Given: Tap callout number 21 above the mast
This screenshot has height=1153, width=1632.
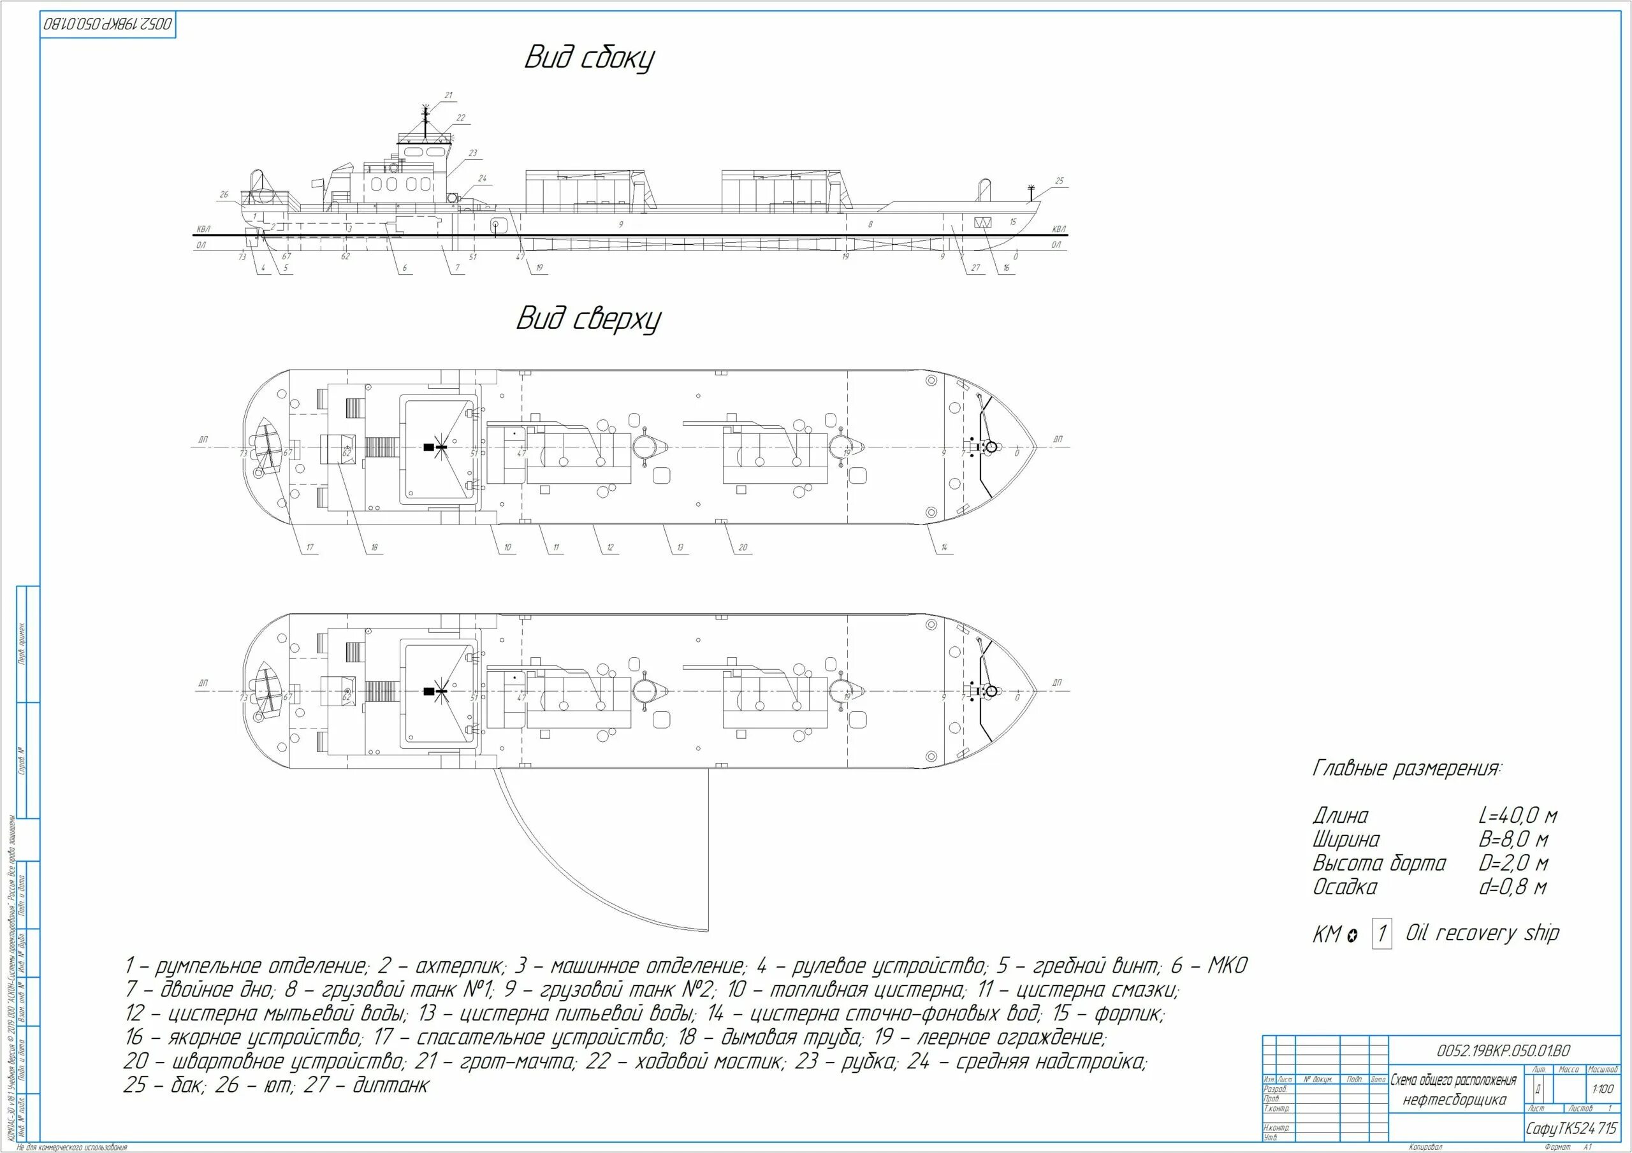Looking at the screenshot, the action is pos(449,95).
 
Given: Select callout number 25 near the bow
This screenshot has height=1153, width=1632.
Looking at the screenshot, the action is pos(1059,181).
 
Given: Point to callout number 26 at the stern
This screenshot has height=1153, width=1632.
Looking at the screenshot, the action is pos(224,194).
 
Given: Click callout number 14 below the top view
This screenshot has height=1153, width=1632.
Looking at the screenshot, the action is pos(944,547).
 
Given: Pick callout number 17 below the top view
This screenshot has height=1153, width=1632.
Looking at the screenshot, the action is pos(310,547).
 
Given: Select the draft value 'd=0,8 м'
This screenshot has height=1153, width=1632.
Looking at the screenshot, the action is pos(1513,887).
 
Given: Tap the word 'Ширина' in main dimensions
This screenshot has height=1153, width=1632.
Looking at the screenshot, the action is pos(1346,839).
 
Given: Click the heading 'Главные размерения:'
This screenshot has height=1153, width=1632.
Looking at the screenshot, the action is pos(1408,769).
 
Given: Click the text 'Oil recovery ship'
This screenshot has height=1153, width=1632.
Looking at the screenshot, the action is pos(1483,932).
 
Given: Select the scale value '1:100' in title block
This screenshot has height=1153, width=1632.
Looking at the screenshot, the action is pos(1603,1089).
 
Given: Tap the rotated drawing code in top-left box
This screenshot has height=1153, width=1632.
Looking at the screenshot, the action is pos(108,25).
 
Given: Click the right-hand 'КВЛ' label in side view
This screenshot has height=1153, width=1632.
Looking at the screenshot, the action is pos(1058,229).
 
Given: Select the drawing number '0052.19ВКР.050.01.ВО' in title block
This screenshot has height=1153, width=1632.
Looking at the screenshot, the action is pos(1503,1050).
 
